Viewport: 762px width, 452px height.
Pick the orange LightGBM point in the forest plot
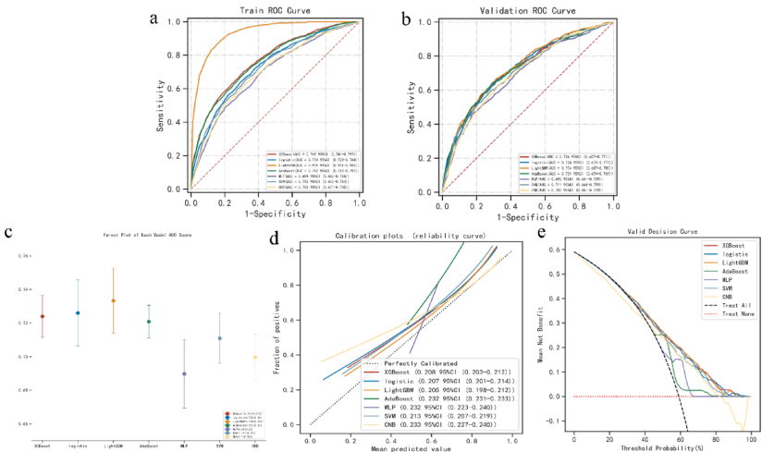click(x=113, y=300)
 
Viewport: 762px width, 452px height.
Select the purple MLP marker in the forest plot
click(x=184, y=373)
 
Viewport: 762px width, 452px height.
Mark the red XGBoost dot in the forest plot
click(x=43, y=316)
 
